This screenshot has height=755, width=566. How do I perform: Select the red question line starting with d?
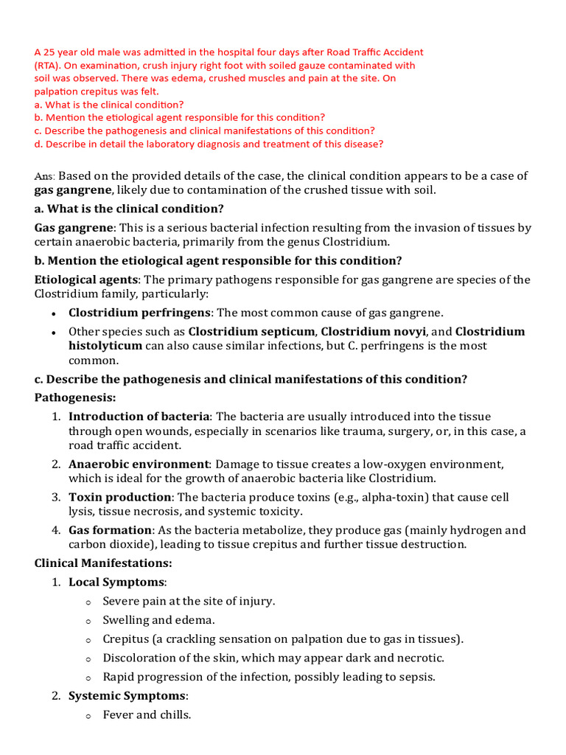(x=209, y=144)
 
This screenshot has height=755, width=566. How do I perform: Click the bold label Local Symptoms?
(x=116, y=582)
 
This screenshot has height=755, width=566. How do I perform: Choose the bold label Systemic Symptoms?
(x=127, y=695)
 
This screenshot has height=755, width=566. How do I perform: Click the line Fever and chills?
(x=147, y=714)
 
